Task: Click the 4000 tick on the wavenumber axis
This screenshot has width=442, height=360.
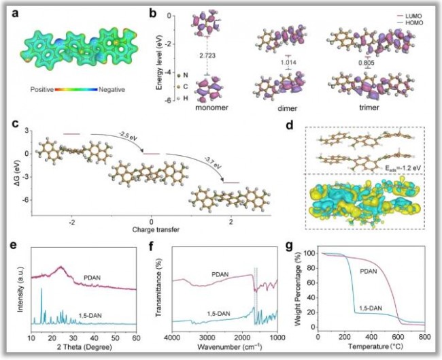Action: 175,337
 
